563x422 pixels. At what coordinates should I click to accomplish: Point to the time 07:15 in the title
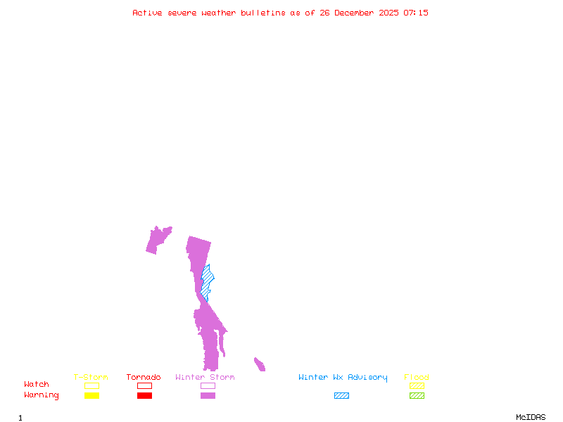[416, 13]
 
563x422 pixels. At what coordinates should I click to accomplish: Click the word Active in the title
[148, 13]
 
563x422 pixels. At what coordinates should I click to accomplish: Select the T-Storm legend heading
[91, 378]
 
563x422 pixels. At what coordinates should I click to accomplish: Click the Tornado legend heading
[144, 378]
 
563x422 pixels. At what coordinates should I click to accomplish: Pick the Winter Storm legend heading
[205, 378]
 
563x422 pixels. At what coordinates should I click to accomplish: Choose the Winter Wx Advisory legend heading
[343, 378]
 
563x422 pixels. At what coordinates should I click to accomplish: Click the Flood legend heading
[417, 378]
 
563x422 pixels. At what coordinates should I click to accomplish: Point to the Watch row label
[37, 385]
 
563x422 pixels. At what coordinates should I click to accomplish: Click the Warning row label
[42, 395]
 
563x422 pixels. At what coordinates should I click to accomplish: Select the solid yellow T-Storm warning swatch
[91, 396]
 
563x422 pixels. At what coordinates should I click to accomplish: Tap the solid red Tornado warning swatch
[144, 396]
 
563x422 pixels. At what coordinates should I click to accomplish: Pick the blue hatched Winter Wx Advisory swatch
[341, 396]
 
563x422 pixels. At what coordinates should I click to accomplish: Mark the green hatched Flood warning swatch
[417, 396]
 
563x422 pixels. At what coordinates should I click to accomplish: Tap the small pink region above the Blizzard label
[260, 365]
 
